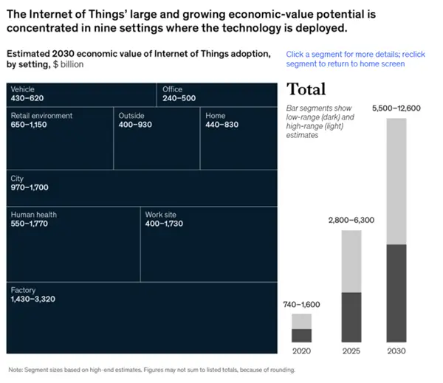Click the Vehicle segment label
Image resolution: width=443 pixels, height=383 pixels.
click(x=23, y=89)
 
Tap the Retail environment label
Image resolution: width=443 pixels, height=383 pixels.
click(x=41, y=115)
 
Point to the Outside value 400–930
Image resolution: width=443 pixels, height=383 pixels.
click(x=136, y=124)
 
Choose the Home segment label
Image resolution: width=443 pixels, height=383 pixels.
click(x=216, y=115)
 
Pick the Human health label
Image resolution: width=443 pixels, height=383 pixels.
click(x=34, y=215)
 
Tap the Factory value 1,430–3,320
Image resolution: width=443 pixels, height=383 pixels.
click(x=33, y=299)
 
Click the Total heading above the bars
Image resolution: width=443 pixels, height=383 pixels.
click(x=306, y=90)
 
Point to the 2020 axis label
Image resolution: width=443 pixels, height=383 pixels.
click(x=301, y=351)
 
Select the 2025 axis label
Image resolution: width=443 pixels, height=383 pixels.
click(x=351, y=351)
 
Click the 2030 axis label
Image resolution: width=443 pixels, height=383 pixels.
click(x=396, y=351)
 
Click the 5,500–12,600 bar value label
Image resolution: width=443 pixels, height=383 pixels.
click(x=396, y=108)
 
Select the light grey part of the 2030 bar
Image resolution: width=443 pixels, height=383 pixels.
click(x=396, y=181)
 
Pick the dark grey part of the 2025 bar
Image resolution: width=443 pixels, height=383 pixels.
click(x=351, y=317)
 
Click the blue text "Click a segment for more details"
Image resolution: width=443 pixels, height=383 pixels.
click(x=343, y=54)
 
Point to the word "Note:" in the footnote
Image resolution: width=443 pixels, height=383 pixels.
click(x=16, y=369)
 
